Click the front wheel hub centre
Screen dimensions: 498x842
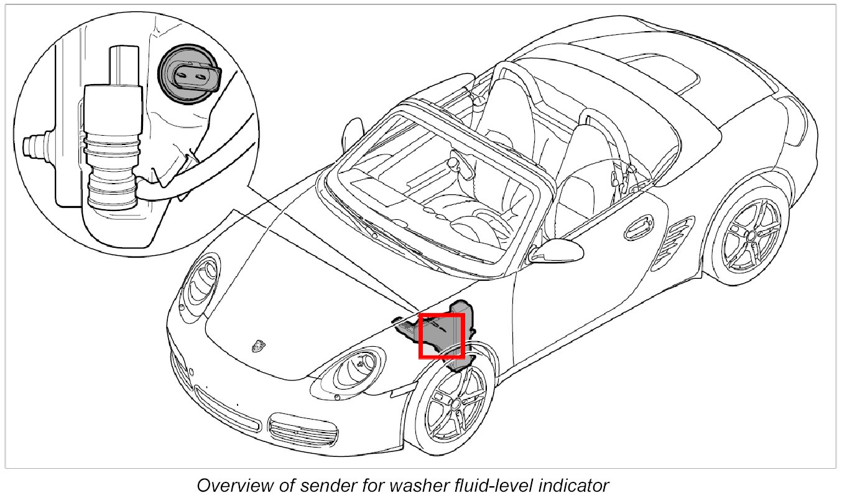458,403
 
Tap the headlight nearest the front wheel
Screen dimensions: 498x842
354,370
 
